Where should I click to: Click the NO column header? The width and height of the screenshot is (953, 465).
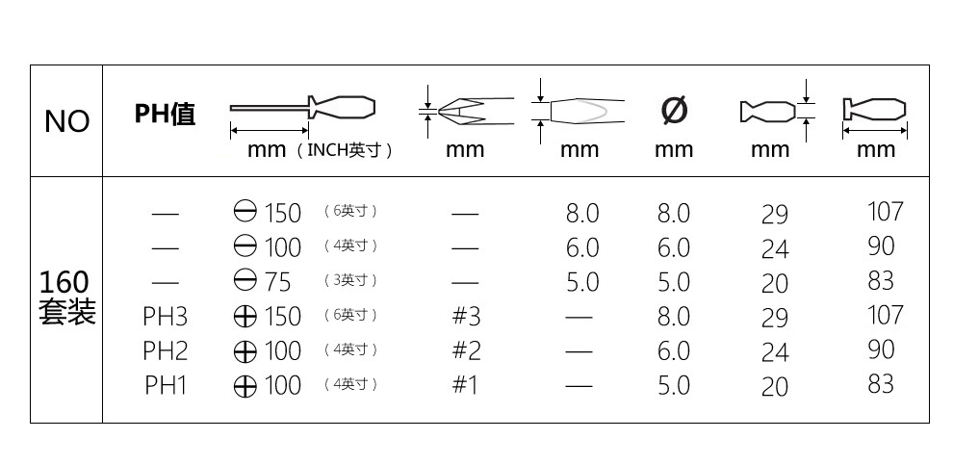coord(66,121)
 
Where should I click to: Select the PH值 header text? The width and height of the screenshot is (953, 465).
coord(165,113)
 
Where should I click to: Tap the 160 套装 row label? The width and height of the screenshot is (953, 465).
coord(66,297)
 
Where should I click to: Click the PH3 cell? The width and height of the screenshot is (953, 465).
coord(165,316)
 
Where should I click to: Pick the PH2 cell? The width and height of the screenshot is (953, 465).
coord(165,350)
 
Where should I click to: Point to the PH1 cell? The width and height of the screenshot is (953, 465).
coord(165,385)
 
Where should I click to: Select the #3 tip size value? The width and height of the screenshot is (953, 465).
coord(466,316)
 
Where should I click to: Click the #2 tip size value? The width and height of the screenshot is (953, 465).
coord(466,350)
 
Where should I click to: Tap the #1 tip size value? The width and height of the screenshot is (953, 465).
coord(465,385)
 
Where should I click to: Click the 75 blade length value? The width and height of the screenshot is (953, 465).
coord(278,282)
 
